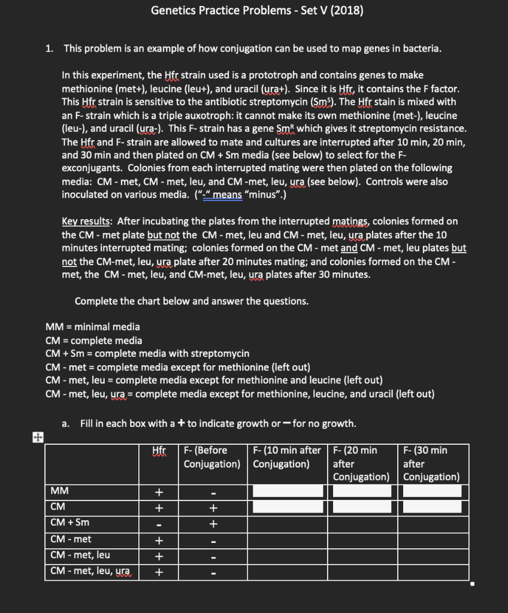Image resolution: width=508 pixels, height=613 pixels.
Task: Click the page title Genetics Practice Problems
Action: tap(256, 11)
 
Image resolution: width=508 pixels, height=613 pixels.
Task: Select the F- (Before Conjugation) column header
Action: tap(212, 457)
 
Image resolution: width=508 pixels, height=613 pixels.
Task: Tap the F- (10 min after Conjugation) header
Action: tap(287, 457)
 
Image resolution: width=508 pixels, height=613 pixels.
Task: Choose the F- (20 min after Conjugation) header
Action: tap(361, 463)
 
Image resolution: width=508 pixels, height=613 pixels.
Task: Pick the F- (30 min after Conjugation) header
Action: tap(431, 463)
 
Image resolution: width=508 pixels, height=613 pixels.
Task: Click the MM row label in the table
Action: tap(59, 491)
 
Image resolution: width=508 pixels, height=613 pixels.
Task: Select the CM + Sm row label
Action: tap(69, 523)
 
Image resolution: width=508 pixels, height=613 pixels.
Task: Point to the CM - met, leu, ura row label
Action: tap(90, 570)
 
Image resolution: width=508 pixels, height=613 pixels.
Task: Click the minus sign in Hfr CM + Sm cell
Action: tap(159, 524)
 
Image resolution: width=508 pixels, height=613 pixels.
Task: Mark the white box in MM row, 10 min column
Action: tap(288, 491)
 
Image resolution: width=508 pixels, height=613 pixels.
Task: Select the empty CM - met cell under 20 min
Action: tap(362, 539)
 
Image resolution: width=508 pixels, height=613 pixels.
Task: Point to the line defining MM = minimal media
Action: tap(93, 327)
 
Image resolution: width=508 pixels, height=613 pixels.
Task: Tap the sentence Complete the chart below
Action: tap(192, 301)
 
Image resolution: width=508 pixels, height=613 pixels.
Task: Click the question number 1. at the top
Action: tap(50, 48)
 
